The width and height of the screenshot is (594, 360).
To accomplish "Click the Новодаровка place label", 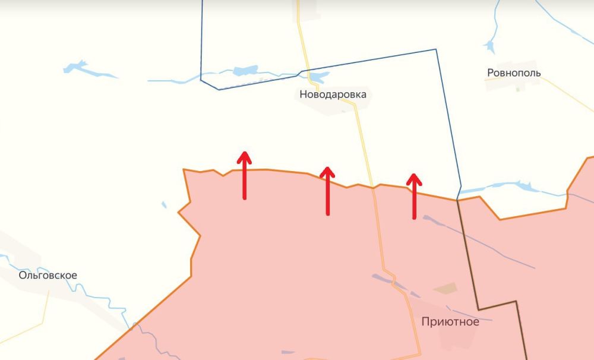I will coord(333,94).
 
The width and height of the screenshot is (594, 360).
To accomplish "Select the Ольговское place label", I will coord(48,276).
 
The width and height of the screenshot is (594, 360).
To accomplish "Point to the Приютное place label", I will coord(449,323).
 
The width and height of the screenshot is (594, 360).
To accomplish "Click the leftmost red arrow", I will coord(244,176).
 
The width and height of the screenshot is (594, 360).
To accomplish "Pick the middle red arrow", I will coord(327,191).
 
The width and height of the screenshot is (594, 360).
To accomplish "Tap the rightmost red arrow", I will coord(414,197).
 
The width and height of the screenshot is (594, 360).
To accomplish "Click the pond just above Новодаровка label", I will coord(318,77).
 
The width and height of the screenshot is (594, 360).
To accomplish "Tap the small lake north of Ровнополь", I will coord(491,45).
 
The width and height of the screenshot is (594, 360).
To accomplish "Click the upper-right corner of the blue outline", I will coord(437,49).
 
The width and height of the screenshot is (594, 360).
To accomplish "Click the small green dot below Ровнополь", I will coord(517,89).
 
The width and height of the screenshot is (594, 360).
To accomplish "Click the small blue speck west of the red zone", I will coord(164,205).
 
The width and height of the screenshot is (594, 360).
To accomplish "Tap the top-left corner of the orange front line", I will coord(184,170).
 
